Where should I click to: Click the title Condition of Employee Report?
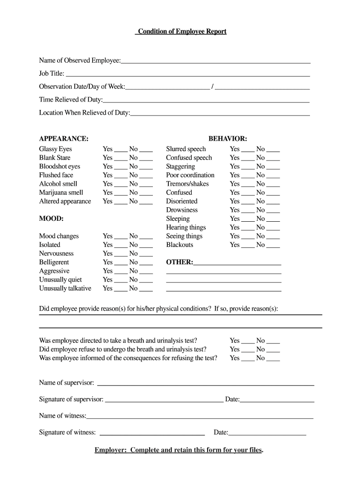click(x=181, y=31)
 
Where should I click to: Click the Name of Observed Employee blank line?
click(x=216, y=61)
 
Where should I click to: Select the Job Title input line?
click(x=187, y=74)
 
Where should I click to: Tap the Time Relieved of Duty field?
click(x=206, y=100)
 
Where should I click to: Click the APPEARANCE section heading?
click(x=64, y=138)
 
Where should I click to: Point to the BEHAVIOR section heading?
click(x=228, y=138)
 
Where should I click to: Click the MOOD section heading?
click(x=51, y=218)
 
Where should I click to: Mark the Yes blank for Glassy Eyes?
click(x=121, y=151)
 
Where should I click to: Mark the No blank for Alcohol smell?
click(x=146, y=185)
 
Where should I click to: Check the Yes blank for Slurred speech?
click(x=248, y=151)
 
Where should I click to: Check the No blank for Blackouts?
click(x=273, y=247)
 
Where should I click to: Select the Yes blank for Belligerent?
click(x=121, y=264)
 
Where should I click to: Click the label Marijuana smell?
click(x=61, y=192)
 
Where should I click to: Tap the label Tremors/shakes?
click(x=187, y=184)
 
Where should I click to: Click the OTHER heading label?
click(x=180, y=262)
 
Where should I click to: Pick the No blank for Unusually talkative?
click(x=146, y=290)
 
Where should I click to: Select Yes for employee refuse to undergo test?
click(x=248, y=351)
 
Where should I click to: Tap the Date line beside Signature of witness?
click(x=267, y=434)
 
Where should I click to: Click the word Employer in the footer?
click(x=110, y=450)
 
